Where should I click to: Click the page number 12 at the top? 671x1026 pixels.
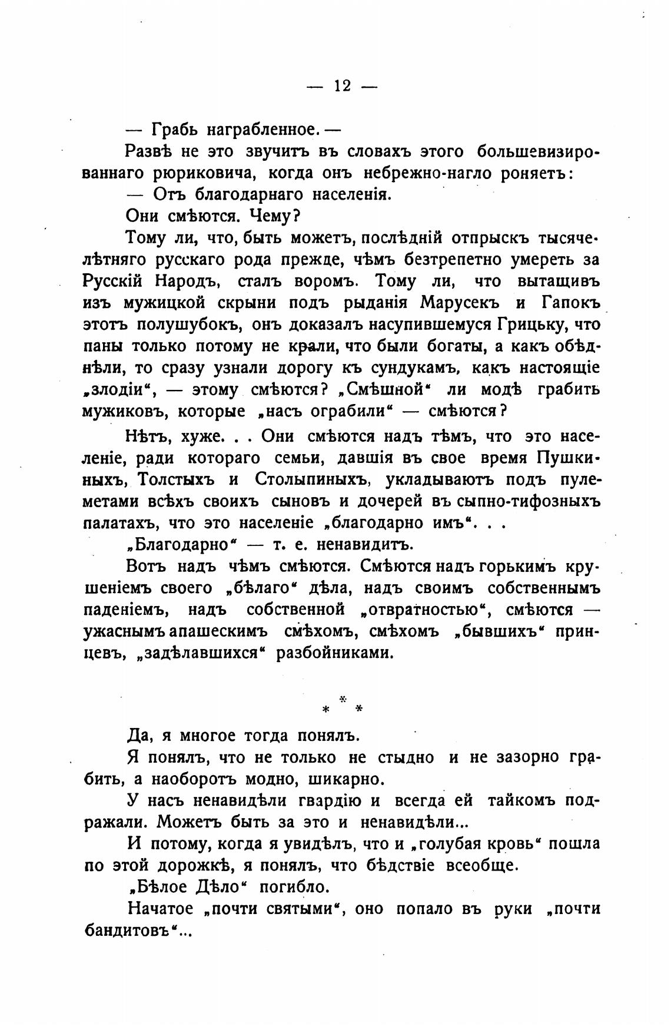[x=342, y=86]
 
